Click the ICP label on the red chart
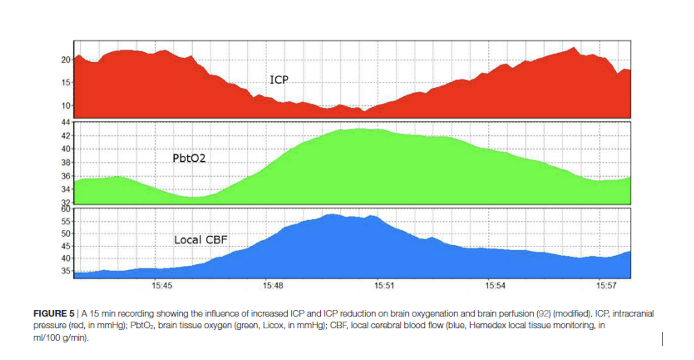point(279,80)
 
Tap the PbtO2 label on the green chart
point(189,158)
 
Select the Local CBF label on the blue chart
point(200,240)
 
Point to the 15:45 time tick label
point(162,286)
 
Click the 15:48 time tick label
point(273,286)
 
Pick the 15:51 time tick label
point(384,286)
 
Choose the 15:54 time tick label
point(495,286)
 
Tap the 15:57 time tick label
point(606,286)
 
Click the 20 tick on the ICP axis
point(66,60)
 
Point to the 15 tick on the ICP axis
point(66,82)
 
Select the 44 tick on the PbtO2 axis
point(66,122)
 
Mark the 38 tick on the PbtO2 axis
point(66,162)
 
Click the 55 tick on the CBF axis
point(66,221)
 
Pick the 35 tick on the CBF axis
point(66,271)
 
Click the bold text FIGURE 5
point(54,313)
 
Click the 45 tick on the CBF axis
point(66,246)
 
